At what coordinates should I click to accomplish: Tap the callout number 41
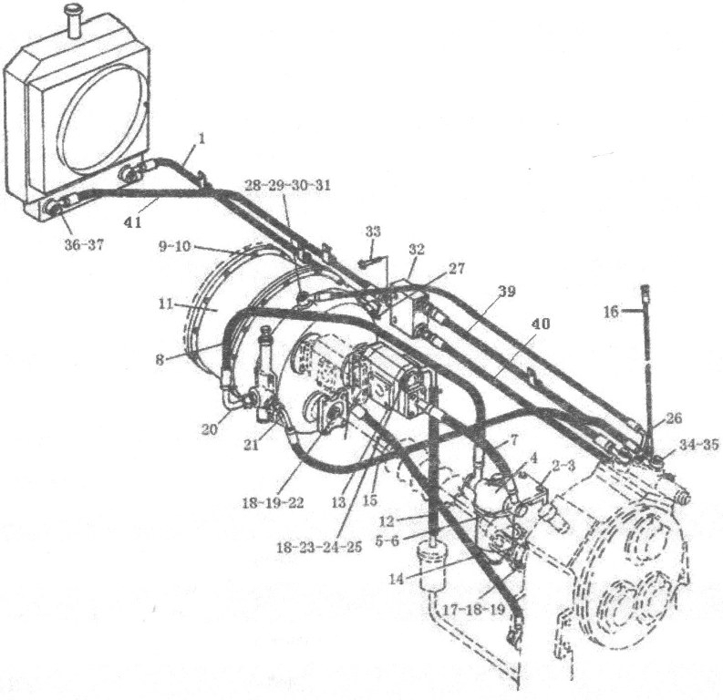133,222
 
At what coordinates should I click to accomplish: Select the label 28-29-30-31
287,186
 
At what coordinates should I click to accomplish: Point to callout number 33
373,231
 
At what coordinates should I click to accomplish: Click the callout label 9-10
174,246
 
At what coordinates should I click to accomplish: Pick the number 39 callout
506,292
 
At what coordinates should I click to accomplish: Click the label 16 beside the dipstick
612,313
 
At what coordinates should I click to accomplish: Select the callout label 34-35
698,445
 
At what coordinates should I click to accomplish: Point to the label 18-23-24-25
319,547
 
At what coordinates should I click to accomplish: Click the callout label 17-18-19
473,610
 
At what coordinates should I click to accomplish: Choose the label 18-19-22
273,503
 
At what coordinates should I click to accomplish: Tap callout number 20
210,429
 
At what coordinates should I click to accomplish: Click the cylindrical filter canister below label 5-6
431,566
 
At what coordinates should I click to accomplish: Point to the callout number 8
160,360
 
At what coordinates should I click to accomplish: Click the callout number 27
457,268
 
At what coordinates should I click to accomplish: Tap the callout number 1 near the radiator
201,139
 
